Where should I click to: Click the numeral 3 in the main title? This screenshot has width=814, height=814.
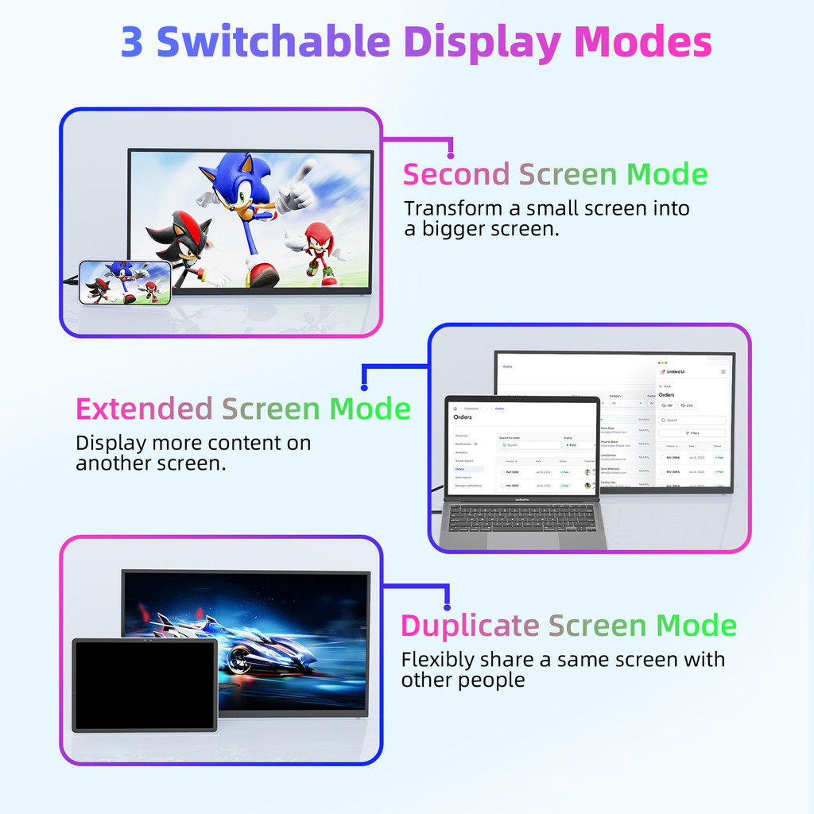pos(132,42)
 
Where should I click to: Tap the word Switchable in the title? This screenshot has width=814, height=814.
pos(273,42)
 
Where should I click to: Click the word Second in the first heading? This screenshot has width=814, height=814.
pos(455,174)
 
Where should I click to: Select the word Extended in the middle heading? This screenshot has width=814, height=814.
pos(144,409)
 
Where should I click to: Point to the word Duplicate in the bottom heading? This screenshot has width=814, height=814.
pos(469,626)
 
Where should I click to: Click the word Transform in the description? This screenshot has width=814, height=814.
pos(452,209)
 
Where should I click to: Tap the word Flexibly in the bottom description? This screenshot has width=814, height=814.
pos(436,660)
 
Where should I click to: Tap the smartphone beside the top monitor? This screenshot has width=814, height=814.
pos(125,283)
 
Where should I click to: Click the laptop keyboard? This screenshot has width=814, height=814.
pos(521,518)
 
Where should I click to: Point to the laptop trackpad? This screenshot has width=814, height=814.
pos(522,541)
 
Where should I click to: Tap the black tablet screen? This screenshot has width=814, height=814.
pos(145,684)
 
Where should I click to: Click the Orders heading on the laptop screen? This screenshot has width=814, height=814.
pos(463,417)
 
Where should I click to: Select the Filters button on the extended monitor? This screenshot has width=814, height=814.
pos(692,433)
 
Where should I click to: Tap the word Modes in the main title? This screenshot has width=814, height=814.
pos(642,42)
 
